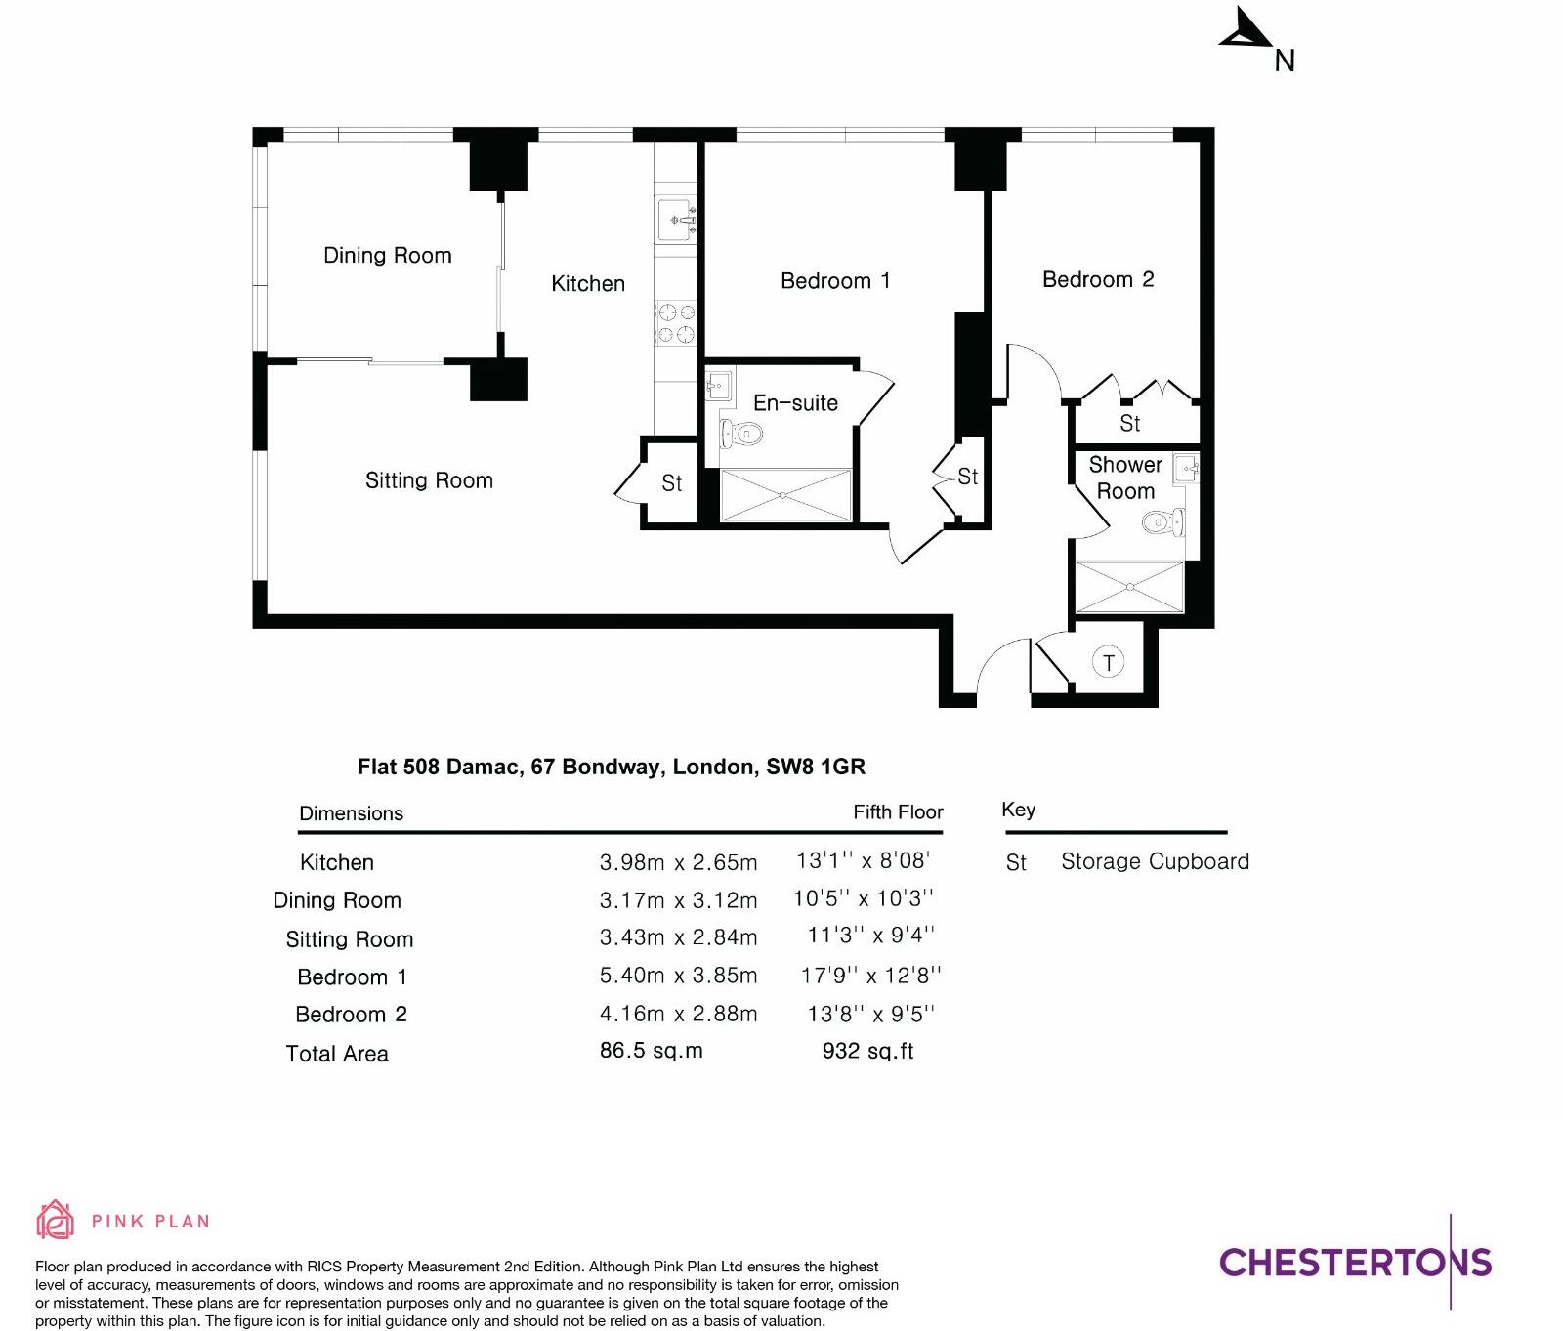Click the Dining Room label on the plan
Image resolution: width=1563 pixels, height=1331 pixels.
(387, 256)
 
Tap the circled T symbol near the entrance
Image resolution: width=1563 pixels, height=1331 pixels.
(1108, 663)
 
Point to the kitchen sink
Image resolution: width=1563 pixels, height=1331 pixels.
(676, 221)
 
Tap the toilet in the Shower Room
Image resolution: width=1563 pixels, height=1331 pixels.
(1162, 522)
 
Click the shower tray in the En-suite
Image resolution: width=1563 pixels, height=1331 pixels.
(785, 495)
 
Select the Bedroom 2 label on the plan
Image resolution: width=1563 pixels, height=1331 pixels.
(1097, 280)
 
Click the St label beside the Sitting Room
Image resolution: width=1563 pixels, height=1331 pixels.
(671, 483)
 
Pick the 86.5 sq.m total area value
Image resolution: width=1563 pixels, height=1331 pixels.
(651, 1051)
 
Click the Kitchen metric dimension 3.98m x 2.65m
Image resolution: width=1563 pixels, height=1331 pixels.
(678, 862)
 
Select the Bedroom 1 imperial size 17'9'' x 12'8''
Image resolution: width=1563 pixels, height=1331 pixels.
(870, 976)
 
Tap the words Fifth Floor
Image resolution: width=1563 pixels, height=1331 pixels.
(897, 812)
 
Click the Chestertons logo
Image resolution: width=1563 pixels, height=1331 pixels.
(1355, 1263)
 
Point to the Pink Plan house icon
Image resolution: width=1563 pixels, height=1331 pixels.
(55, 1220)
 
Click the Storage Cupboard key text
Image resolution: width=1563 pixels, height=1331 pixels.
(1155, 861)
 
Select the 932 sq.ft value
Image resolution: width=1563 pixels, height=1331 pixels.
(867, 1051)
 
